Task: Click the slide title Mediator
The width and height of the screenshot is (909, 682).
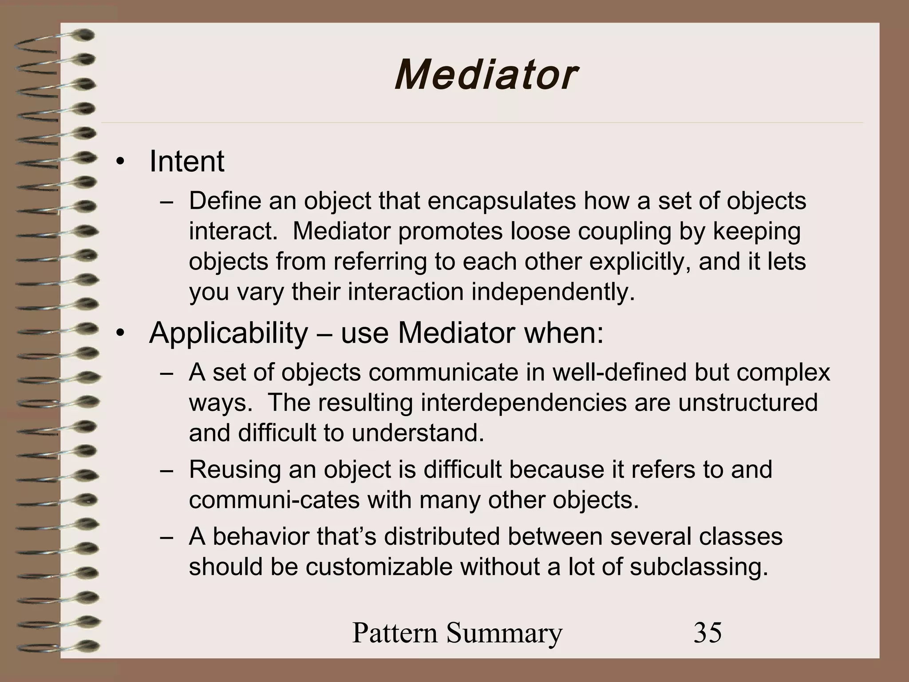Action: [486, 75]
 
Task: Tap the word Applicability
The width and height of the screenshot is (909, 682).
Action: [228, 333]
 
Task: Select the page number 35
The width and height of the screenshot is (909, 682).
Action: [707, 633]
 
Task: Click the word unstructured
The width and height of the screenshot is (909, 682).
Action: [747, 402]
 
